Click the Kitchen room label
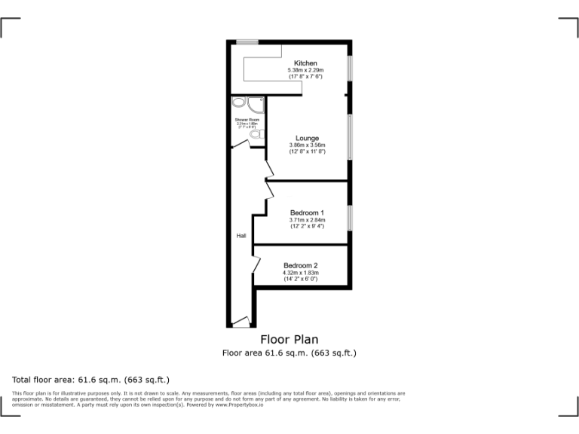305,63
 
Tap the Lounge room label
307,139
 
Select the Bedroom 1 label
307,213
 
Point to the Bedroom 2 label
300,266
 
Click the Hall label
241,237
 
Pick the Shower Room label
247,120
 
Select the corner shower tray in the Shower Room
256,105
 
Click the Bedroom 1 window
349,218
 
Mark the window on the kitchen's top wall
247,41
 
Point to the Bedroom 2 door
257,264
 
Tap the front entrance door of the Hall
241,323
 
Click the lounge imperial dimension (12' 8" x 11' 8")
307,152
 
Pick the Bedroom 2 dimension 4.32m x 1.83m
300,273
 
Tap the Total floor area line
91,379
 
